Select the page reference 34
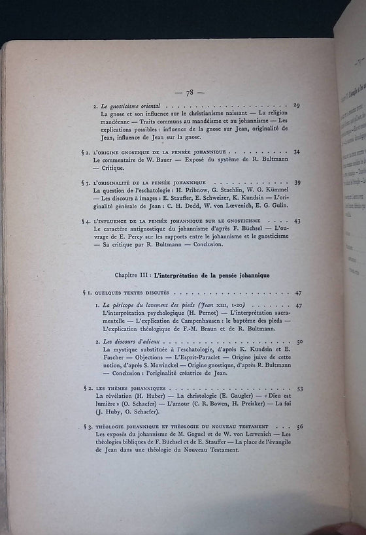coord(297,152)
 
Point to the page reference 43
coord(297,221)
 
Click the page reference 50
coord(299,342)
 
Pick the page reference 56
coord(299,427)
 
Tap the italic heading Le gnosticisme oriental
coord(129,106)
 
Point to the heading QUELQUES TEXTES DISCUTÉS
coord(131,293)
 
